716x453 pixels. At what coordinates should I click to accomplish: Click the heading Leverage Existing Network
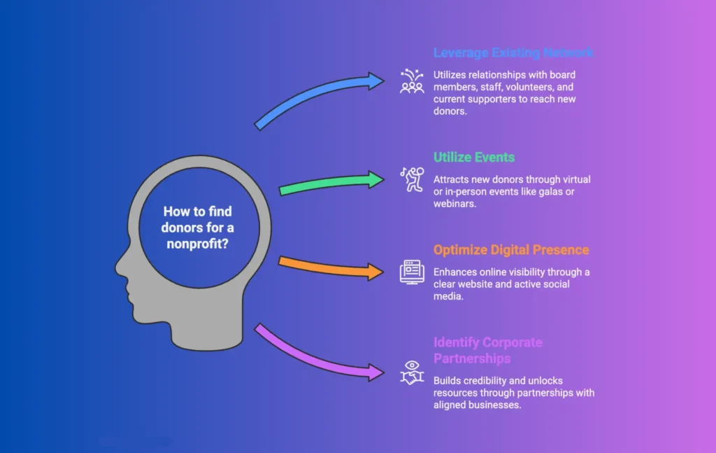tap(513, 53)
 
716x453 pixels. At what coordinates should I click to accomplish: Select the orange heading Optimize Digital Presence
tap(511, 250)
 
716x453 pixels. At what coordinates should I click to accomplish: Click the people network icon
tap(412, 82)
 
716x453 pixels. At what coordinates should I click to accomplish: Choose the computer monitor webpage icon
tap(412, 271)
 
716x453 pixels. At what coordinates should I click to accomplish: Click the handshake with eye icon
tap(412, 372)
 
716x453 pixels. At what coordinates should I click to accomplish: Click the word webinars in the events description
tap(456, 204)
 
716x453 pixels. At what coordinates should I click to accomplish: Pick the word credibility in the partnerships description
tap(486, 380)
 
